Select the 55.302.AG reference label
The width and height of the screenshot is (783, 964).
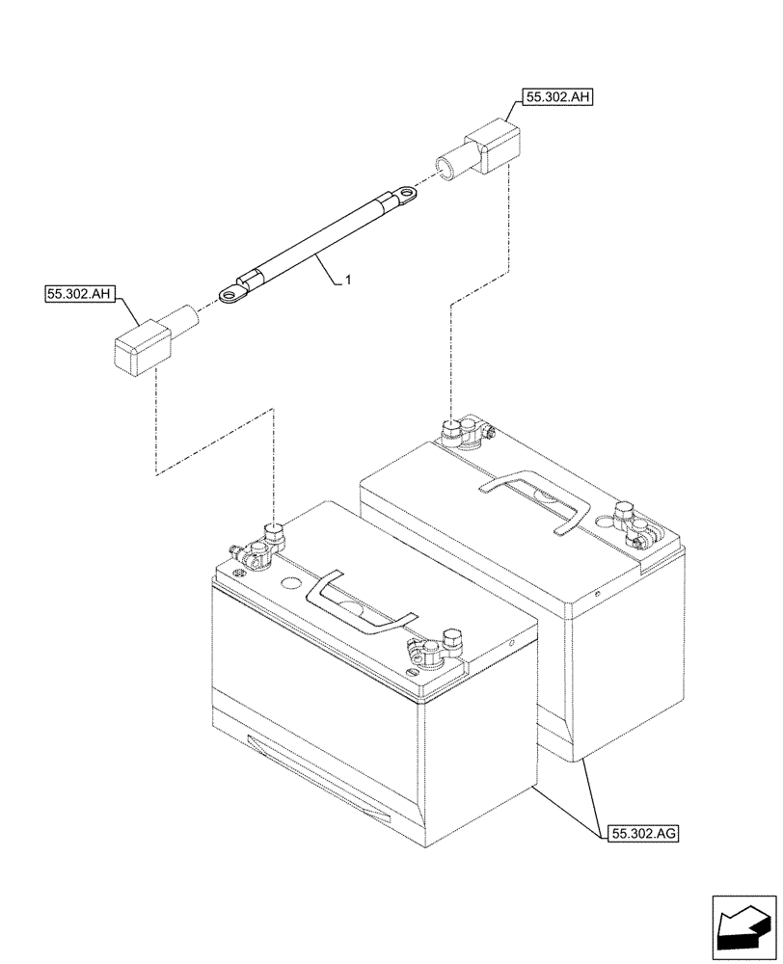tap(643, 832)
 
